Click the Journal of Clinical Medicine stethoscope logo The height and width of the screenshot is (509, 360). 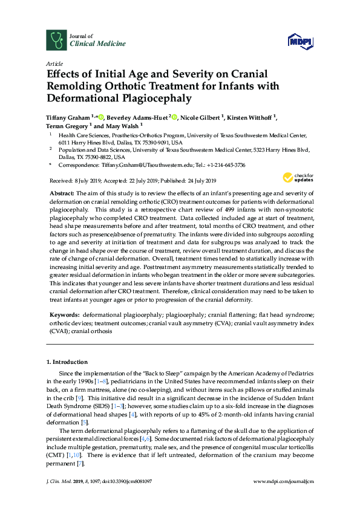tap(56, 39)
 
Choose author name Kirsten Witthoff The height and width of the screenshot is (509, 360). tap(250, 117)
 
